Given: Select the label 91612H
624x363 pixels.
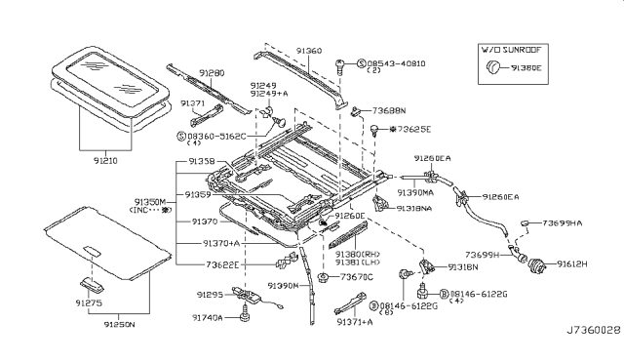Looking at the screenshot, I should point(576,263).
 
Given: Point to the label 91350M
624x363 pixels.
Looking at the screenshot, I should point(154,201).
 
